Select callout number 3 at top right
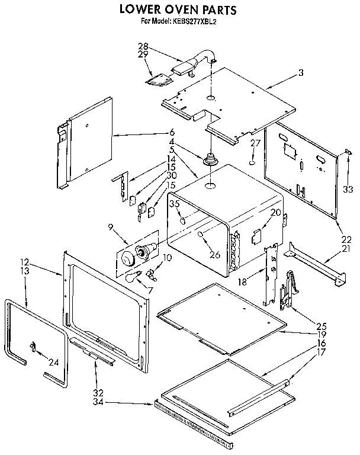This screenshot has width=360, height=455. click(301, 73)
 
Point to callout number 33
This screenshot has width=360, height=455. click(348, 190)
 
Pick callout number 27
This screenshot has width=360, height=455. click(255, 143)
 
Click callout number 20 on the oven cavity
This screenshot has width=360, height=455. click(275, 213)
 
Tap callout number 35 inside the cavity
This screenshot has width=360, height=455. click(175, 204)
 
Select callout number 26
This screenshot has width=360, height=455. click(214, 255)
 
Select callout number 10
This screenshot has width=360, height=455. click(168, 257)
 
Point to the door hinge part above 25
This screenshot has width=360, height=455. click(287, 290)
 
